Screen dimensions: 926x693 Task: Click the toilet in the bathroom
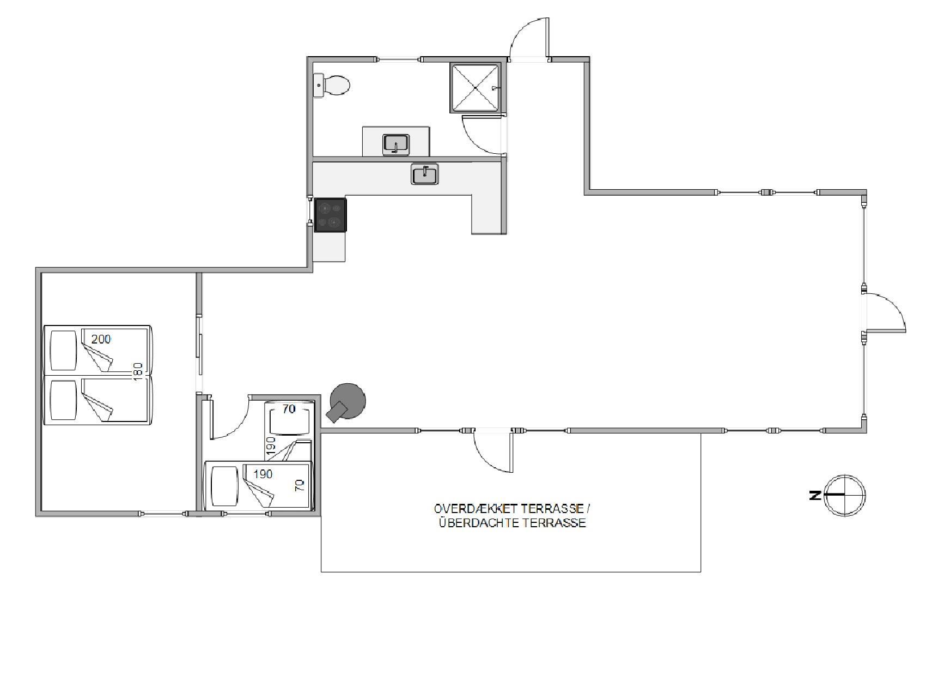332,86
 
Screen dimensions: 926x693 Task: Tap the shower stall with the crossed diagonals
475,88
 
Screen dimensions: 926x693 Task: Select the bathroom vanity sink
396,144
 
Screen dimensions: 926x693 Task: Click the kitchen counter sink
425,174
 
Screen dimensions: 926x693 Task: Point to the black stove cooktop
330,215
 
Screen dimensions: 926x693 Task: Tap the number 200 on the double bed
101,339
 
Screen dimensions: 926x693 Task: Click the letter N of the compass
815,495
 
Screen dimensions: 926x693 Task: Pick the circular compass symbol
845,495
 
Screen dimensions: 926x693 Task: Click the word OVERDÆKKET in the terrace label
476,509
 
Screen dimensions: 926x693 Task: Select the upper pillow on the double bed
63,349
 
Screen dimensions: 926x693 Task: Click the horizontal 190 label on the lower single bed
263,474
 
